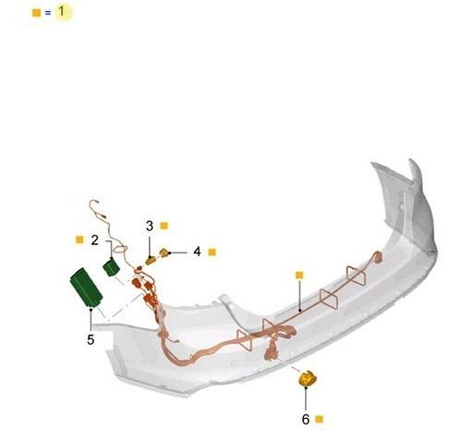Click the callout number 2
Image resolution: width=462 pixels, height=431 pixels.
[x=95, y=240]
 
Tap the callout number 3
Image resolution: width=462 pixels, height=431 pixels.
[x=150, y=226]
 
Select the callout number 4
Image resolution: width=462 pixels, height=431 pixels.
[x=197, y=252]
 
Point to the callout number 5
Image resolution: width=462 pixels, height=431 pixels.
[x=91, y=339]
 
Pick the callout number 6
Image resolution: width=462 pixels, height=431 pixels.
[x=306, y=419]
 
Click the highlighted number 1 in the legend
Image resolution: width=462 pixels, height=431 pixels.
[x=62, y=12]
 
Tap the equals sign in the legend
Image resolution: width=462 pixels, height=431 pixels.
[x=48, y=13]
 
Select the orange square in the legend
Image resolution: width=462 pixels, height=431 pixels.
[x=36, y=13]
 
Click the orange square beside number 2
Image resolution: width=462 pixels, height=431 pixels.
[x=79, y=240]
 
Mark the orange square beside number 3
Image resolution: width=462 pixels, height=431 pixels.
[x=164, y=226]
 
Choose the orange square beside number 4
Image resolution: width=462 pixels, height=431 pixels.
[x=212, y=252]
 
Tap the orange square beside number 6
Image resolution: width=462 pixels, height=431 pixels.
[x=320, y=419]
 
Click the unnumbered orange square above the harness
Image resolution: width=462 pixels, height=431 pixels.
[x=299, y=275]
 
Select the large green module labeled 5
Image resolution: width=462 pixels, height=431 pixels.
[x=86, y=287]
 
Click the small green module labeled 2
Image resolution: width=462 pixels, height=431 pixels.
[x=111, y=267]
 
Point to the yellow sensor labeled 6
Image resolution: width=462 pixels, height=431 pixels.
[x=308, y=378]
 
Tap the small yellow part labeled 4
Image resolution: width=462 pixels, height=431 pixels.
[x=164, y=252]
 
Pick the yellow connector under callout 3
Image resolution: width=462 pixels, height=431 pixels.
[x=152, y=261]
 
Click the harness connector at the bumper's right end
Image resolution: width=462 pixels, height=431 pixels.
[x=378, y=257]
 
